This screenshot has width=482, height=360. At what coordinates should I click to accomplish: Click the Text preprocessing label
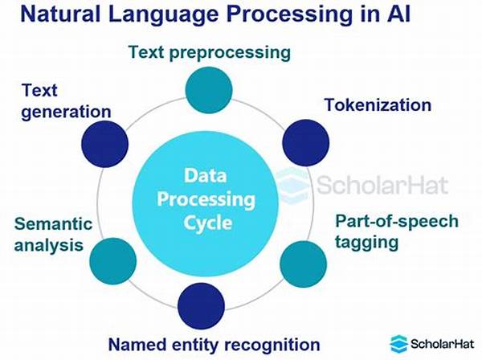[209, 54]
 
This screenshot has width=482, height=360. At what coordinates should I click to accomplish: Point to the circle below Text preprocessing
[208, 89]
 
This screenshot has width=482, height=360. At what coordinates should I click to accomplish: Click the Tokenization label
[378, 105]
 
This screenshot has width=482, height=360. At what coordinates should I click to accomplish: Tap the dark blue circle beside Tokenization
[306, 141]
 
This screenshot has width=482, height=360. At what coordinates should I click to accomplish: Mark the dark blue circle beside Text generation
[104, 145]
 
